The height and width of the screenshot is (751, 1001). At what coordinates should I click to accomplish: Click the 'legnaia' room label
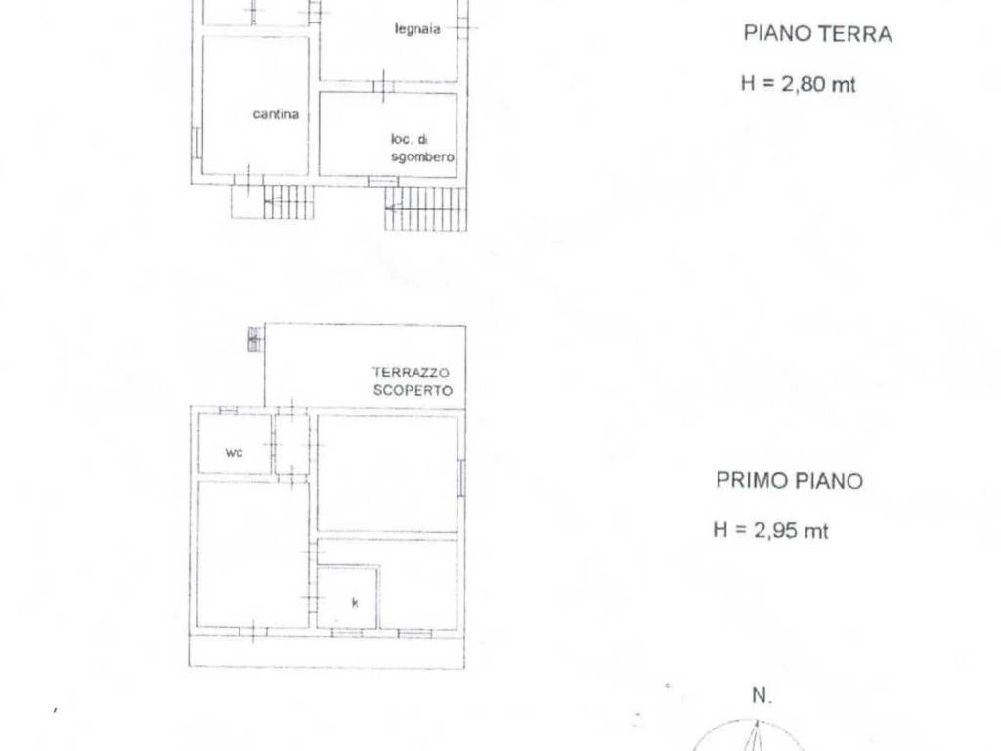pyautogui.click(x=417, y=29)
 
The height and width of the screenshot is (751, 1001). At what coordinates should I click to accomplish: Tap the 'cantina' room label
pyautogui.click(x=276, y=114)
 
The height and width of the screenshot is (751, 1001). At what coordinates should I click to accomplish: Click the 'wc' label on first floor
pyautogui.click(x=234, y=453)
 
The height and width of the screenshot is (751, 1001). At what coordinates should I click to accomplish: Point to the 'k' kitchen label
pyautogui.click(x=355, y=602)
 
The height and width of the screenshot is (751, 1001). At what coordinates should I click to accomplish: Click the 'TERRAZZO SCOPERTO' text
pyautogui.click(x=411, y=380)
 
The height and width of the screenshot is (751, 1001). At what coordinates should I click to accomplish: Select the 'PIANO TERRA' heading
pyautogui.click(x=817, y=34)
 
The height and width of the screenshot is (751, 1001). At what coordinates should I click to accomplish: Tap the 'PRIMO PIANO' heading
pyautogui.click(x=789, y=481)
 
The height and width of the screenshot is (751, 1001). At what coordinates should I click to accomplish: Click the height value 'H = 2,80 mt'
pyautogui.click(x=798, y=84)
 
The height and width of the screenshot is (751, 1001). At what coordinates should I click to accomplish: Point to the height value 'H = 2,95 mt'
pyautogui.click(x=770, y=531)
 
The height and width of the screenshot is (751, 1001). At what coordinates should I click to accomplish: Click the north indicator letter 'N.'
pyautogui.click(x=762, y=696)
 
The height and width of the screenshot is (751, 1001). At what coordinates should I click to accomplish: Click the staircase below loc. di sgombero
pyautogui.click(x=425, y=208)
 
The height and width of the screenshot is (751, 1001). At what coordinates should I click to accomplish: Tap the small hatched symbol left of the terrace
pyautogui.click(x=255, y=339)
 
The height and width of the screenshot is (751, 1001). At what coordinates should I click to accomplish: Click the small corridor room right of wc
pyautogui.click(x=291, y=444)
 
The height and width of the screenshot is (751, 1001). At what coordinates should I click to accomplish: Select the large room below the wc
pyautogui.click(x=253, y=552)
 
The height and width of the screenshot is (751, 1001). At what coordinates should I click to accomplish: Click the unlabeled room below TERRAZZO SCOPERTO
pyautogui.click(x=387, y=473)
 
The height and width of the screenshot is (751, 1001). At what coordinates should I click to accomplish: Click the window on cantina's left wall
pyautogui.click(x=196, y=142)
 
